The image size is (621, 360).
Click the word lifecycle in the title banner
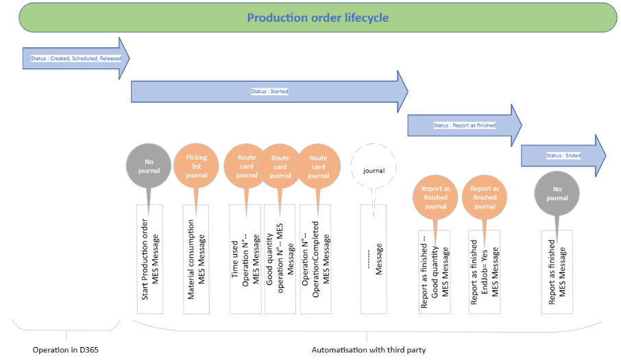point(363,18)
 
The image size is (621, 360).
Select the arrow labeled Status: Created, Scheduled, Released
point(75,58)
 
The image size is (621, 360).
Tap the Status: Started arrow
point(269,91)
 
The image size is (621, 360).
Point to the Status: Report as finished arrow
point(464,125)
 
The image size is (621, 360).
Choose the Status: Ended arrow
point(563,156)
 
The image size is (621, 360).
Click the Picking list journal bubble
point(196,166)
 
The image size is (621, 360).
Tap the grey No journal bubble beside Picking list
point(148,166)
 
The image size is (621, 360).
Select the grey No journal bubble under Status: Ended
point(557,193)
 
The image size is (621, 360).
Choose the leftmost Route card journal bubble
point(246,166)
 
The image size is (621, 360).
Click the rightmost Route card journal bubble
point(318,166)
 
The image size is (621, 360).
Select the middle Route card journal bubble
point(280,166)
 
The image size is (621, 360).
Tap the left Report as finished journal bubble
point(435,197)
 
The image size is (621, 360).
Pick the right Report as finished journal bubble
point(485,197)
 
